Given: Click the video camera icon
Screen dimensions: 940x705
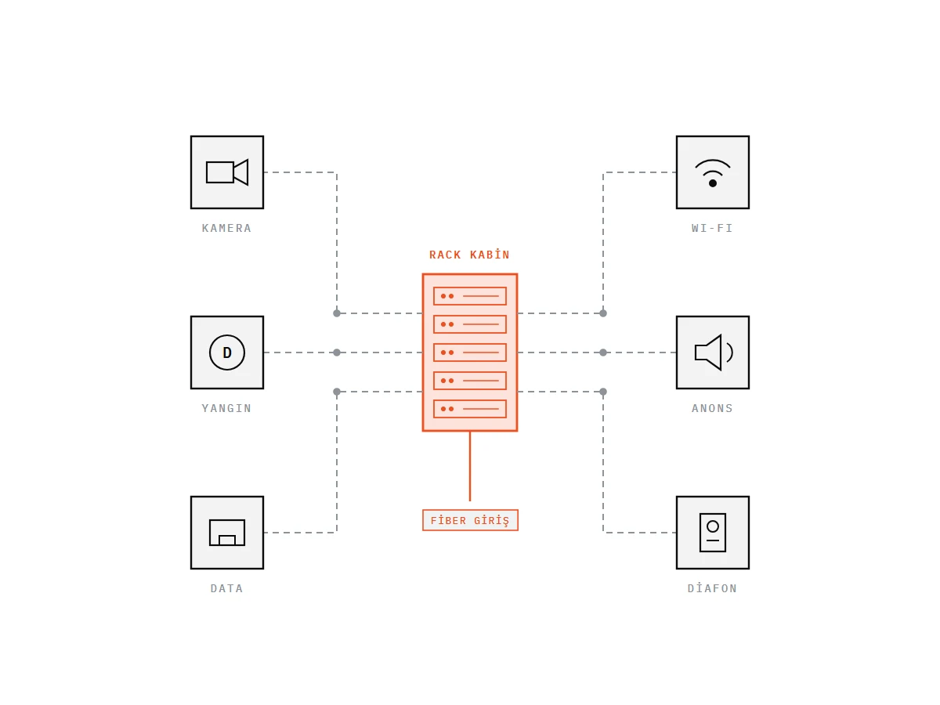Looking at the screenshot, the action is click(x=226, y=172).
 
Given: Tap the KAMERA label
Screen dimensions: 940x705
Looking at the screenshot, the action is click(x=226, y=228).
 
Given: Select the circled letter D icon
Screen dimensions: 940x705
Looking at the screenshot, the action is click(x=227, y=352).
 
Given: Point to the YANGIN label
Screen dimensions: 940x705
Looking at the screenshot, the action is click(x=226, y=408).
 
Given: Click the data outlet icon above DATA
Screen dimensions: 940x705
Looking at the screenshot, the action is click(x=227, y=533).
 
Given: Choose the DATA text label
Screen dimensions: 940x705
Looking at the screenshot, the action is click(x=226, y=588).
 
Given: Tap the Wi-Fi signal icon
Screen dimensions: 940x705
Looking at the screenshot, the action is click(x=713, y=173).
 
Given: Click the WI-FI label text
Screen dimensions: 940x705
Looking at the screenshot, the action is click(x=712, y=228).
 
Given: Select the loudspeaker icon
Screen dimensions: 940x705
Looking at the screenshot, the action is click(x=714, y=352).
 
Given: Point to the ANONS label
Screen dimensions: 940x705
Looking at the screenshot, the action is click(x=712, y=408).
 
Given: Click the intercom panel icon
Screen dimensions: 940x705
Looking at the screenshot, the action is click(x=713, y=533).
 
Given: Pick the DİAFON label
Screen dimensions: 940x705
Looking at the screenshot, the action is click(x=712, y=588).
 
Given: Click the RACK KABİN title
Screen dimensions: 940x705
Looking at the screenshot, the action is click(x=469, y=255).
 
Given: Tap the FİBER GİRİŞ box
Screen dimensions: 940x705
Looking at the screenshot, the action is click(x=470, y=520).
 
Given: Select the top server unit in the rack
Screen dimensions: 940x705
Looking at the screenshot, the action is click(x=470, y=296).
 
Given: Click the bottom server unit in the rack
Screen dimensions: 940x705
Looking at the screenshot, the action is click(x=470, y=409).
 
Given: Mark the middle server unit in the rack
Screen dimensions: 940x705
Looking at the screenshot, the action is click(x=470, y=352).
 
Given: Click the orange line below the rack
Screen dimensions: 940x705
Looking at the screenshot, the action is click(x=470, y=466).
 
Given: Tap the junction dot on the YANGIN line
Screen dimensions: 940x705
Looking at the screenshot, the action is click(x=337, y=352).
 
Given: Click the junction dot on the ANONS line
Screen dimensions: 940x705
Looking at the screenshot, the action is click(x=603, y=352).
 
